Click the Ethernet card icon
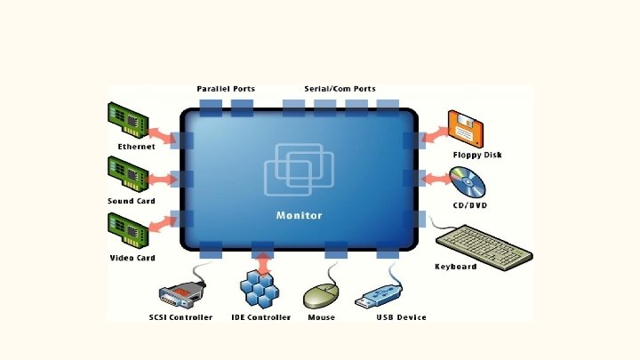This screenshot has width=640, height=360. [x=127, y=120]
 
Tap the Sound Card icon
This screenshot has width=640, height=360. [x=127, y=173]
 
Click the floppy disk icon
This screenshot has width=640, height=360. [x=467, y=130]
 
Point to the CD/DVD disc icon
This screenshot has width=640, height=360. [x=468, y=183]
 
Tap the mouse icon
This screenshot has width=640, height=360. [x=321, y=294]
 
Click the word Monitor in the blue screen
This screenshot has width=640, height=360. [x=300, y=215]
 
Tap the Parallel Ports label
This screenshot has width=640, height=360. [x=226, y=89]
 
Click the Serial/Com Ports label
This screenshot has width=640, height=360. [x=340, y=89]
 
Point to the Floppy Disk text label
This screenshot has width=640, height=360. [x=477, y=155]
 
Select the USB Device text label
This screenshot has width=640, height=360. [x=401, y=317]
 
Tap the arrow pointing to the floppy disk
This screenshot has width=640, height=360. [x=433, y=136]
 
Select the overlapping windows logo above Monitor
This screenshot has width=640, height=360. [x=299, y=169]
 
